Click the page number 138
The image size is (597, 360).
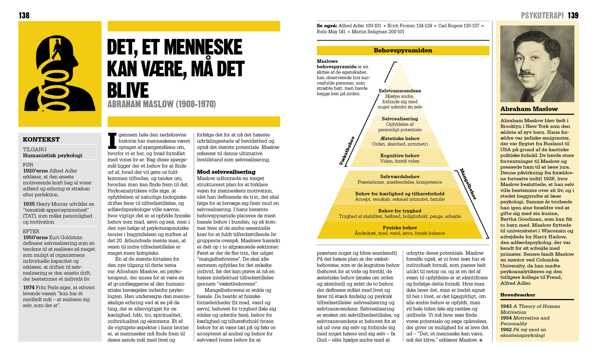24,15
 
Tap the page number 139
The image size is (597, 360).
573,15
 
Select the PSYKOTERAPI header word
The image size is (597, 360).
542,15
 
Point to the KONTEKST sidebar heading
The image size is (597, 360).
41,140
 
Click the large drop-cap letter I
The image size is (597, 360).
112,141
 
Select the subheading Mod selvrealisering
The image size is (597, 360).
226,172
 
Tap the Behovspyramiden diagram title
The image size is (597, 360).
403,50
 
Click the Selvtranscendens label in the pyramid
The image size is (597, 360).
400,91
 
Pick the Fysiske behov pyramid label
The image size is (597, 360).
400,228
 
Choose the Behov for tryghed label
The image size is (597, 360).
400,211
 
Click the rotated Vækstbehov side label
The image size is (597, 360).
347,151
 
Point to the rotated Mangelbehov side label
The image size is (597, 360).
468,184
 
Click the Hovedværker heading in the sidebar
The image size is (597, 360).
518,295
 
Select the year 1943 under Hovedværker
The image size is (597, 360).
506,306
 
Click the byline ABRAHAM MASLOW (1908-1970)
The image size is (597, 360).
162,104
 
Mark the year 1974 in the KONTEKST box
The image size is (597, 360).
29,288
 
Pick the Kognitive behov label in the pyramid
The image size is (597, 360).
400,156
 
